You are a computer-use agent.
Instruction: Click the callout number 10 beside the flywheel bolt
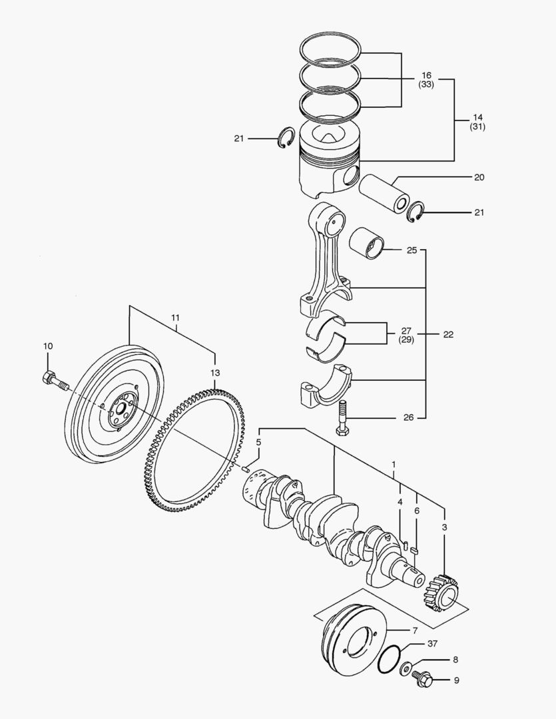coord(47,346)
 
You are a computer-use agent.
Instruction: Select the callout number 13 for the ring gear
coord(214,373)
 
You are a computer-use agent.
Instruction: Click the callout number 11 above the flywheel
coord(175,318)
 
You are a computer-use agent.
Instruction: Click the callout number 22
coord(448,335)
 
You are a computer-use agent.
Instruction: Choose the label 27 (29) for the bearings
coord(407,335)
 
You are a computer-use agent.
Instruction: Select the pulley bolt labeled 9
coord(422,680)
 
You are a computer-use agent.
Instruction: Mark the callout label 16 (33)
coord(426,80)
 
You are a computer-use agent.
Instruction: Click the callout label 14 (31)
coord(477,121)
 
